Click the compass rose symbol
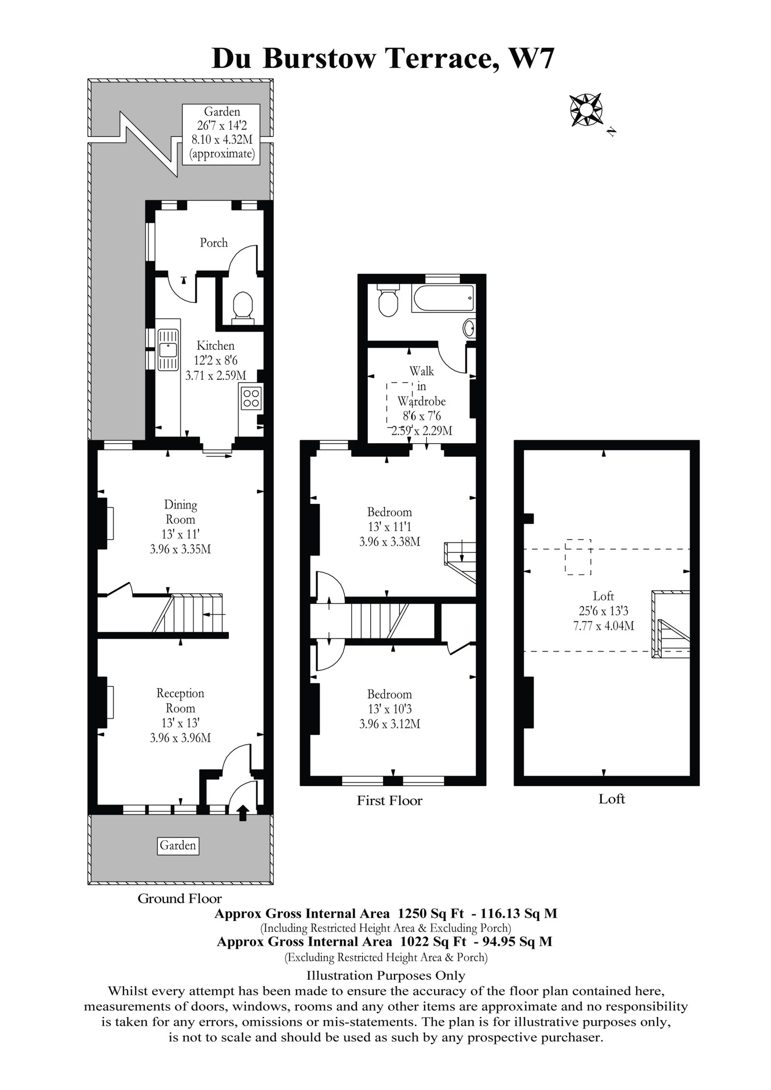pos(586,110)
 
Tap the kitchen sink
pos(167,350)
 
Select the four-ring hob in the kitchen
pos(251,398)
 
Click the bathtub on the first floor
pos(443,298)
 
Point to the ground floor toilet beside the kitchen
pos(243,307)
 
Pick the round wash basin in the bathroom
pos(469,328)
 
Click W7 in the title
pos(531,59)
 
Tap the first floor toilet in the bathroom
pos(388,300)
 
